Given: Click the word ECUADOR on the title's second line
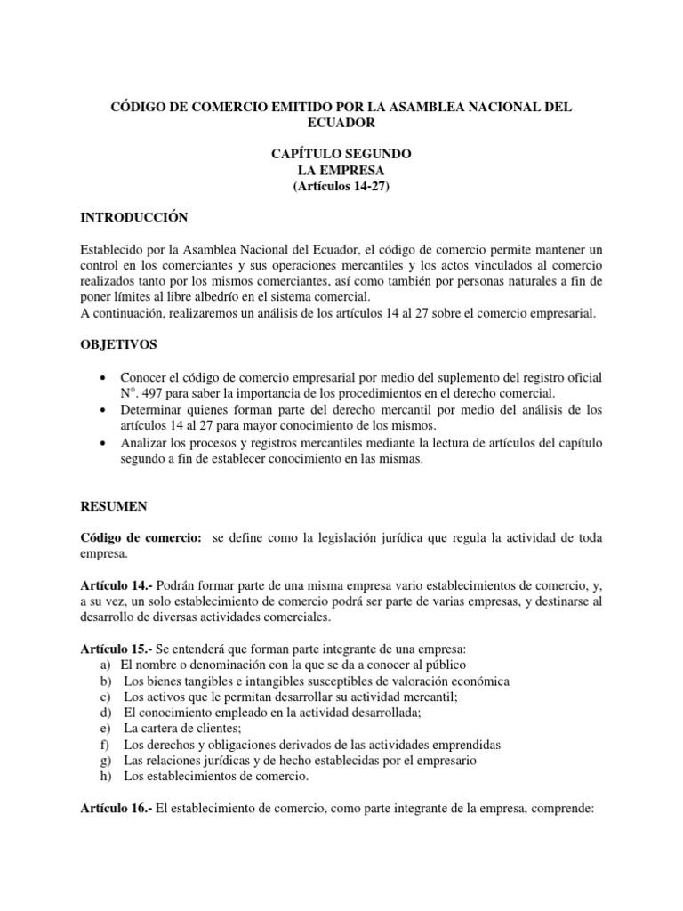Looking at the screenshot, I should [341, 123].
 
